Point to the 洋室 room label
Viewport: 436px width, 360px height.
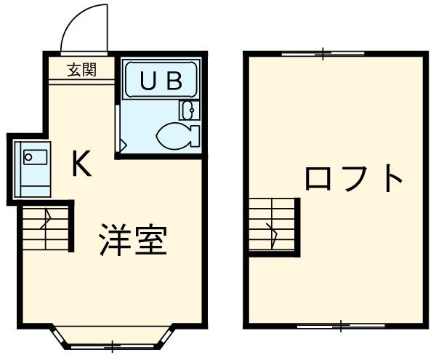pyautogui.click(x=134, y=240)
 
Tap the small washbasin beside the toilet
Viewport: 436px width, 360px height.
pyautogui.click(x=187, y=111)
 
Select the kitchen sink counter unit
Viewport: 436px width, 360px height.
pyautogui.click(x=33, y=170)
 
